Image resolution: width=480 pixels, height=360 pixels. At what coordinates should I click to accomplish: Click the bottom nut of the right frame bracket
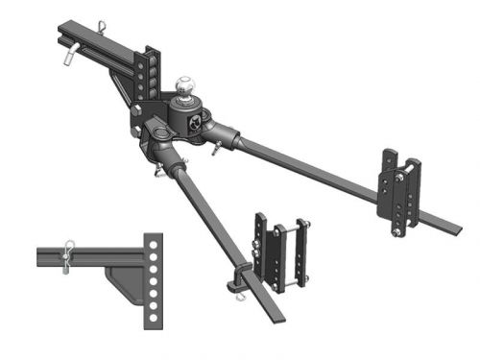point(394,231)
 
